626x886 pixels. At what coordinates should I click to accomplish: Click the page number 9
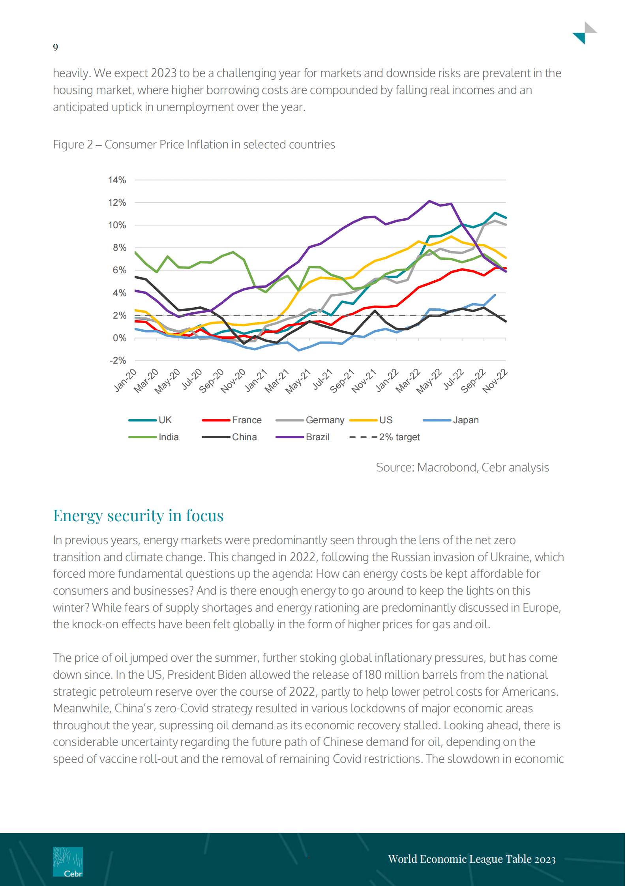point(56,47)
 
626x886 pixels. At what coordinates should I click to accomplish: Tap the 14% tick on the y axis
point(117,180)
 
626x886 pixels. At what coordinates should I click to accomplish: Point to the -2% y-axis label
point(118,360)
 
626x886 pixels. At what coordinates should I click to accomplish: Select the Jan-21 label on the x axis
point(256,381)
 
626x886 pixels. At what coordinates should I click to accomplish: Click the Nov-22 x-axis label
point(495,381)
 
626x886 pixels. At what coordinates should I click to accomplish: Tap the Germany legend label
point(325,420)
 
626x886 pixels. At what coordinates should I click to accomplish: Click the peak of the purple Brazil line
point(429,201)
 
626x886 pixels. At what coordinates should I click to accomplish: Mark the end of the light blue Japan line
point(495,295)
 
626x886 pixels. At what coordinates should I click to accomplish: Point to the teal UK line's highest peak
point(495,213)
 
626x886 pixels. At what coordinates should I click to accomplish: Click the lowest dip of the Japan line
point(299,350)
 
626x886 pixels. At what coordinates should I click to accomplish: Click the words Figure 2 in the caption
point(73,145)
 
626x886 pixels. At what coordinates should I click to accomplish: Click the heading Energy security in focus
point(138,516)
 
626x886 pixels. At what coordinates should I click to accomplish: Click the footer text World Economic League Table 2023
point(472,859)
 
